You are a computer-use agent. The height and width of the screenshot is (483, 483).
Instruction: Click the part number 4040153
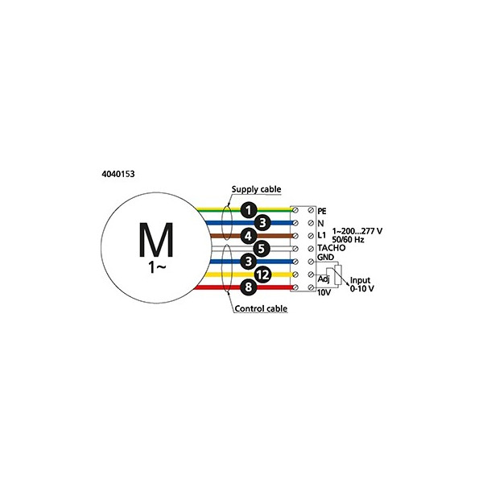pyautogui.click(x=118, y=174)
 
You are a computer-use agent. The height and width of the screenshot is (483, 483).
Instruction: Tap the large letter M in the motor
pyautogui.click(x=156, y=240)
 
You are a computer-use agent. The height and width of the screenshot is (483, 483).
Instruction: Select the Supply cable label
pyautogui.click(x=256, y=189)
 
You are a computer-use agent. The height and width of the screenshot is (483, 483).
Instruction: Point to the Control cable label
pyautogui.click(x=261, y=308)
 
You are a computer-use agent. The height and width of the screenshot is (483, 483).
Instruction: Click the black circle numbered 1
pyautogui.click(x=249, y=210)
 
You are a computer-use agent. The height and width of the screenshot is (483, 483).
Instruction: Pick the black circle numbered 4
pyautogui.click(x=249, y=236)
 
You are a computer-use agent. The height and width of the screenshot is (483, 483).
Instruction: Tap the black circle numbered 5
pyautogui.click(x=262, y=249)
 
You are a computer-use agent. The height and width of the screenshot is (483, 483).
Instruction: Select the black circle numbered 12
pyautogui.click(x=262, y=275)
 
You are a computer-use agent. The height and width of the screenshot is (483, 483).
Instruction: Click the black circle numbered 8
pyautogui.click(x=249, y=287)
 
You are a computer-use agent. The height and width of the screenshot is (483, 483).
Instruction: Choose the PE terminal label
pyautogui.click(x=322, y=211)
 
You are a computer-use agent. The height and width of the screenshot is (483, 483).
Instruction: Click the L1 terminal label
pyautogui.click(x=321, y=235)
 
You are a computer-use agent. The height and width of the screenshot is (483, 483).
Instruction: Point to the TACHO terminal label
pyautogui.click(x=332, y=248)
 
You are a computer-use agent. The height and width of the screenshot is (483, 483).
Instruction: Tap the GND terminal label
pyautogui.click(x=325, y=258)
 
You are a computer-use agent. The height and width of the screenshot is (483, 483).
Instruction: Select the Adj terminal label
pyautogui.click(x=324, y=279)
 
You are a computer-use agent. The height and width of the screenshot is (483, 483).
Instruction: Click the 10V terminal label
pyautogui.click(x=324, y=293)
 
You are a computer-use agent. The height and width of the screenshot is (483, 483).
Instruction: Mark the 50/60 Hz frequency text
pyautogui.click(x=348, y=240)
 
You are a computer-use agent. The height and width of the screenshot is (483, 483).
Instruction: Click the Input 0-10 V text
pyautogui.click(x=361, y=284)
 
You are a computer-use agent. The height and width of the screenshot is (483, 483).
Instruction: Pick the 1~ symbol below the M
pyautogui.click(x=157, y=267)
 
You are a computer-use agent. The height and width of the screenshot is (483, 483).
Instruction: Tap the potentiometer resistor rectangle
pyautogui.click(x=338, y=275)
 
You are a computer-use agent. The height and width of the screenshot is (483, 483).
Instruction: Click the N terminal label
pyautogui.click(x=320, y=223)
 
